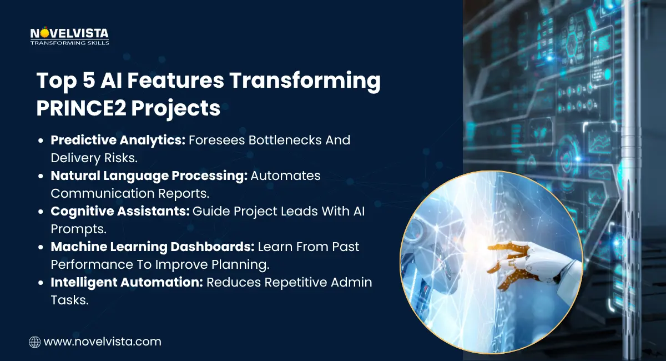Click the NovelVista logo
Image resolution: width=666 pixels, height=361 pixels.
tap(69, 36)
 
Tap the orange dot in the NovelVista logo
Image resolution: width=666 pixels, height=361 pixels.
tap(44, 33)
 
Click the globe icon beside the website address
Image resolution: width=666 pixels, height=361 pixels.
tap(35, 342)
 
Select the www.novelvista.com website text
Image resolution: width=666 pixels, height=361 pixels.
tap(102, 342)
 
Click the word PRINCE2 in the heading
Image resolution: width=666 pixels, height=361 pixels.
tap(81, 108)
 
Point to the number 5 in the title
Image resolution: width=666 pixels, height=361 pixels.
tap(89, 80)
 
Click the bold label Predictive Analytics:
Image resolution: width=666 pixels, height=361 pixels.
tap(118, 140)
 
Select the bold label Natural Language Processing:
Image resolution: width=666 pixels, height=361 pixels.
tap(149, 176)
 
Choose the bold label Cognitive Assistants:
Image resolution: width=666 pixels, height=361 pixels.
tap(120, 211)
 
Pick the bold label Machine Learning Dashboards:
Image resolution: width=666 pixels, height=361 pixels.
tap(153, 247)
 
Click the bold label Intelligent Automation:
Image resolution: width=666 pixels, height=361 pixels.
tap(127, 283)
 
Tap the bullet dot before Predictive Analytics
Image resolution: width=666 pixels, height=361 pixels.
tap(41, 141)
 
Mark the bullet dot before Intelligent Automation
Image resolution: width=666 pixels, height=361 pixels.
tap(41, 283)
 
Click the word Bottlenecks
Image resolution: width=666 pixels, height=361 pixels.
tap(285, 140)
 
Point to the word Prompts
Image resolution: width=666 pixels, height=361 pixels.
tap(78, 229)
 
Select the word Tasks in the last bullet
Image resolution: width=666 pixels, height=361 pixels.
tap(69, 300)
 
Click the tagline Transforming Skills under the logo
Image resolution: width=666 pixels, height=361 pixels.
tap(69, 43)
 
